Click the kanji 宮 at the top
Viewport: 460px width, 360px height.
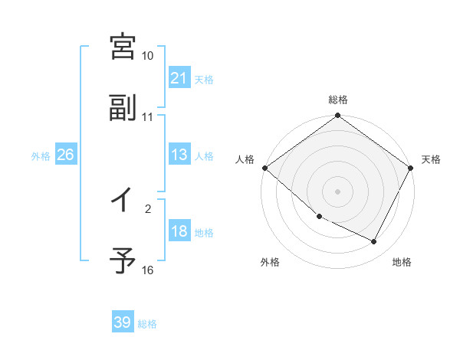point(123,46)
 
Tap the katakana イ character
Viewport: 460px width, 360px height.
point(123,201)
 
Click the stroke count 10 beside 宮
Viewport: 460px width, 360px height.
point(148,56)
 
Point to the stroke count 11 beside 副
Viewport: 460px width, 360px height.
point(148,117)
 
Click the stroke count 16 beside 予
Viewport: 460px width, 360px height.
point(148,270)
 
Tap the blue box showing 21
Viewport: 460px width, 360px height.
point(179,78)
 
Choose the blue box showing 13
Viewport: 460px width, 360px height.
point(179,155)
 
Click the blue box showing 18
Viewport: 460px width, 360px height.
point(179,232)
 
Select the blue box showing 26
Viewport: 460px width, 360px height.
point(65,155)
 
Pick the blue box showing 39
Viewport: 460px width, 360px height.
point(123,322)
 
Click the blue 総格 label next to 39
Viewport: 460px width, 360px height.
point(148,324)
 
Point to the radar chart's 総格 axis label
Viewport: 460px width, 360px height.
point(338,100)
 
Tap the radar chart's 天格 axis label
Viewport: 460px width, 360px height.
point(431,159)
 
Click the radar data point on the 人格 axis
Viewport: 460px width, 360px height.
point(264,168)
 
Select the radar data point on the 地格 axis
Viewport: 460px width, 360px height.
point(374,241)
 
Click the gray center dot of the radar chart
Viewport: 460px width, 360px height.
point(338,191)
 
